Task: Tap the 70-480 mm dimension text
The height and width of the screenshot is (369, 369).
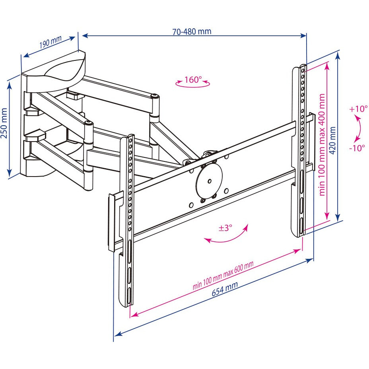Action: [192, 31]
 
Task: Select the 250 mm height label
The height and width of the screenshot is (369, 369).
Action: [4, 123]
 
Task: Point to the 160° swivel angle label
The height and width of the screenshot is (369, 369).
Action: [193, 79]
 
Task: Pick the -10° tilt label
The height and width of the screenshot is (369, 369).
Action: [357, 148]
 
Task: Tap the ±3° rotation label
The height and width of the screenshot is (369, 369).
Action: [225, 228]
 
